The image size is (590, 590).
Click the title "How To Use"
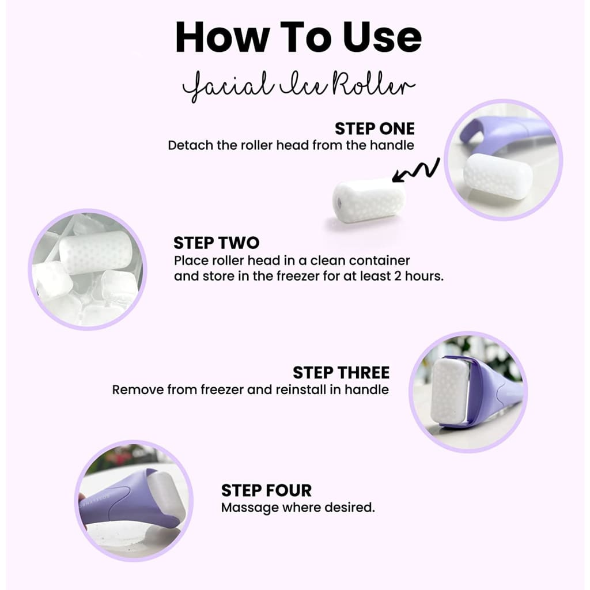[x=298, y=37]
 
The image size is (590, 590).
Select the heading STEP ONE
[x=375, y=128]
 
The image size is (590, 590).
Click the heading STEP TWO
[x=216, y=243]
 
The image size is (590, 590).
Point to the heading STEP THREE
[x=341, y=372]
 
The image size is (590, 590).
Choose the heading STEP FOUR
[x=266, y=490]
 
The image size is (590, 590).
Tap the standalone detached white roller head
[x=369, y=200]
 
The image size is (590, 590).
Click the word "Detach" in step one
[x=190, y=145]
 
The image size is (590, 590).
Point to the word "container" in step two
[x=381, y=260]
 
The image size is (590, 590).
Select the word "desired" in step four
[x=351, y=508]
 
